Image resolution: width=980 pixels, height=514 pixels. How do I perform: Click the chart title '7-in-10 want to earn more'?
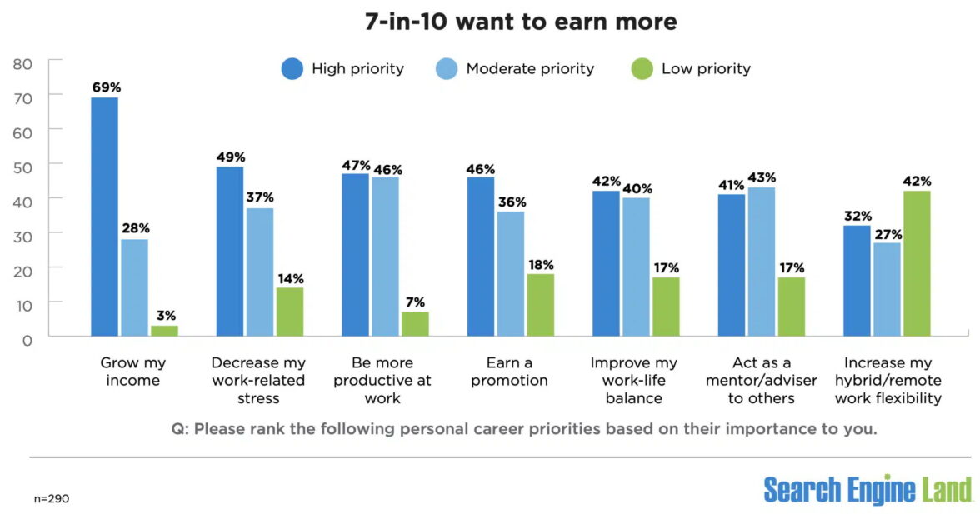pyautogui.click(x=521, y=22)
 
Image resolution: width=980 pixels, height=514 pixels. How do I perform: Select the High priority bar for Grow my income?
pyautogui.click(x=104, y=217)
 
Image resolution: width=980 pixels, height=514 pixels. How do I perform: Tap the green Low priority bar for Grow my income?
pyautogui.click(x=164, y=331)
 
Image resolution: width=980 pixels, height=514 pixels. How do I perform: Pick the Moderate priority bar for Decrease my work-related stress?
pyautogui.click(x=259, y=272)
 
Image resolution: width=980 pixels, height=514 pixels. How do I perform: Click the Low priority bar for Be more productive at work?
pyautogui.click(x=415, y=324)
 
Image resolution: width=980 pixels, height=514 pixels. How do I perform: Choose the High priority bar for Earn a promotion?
pyautogui.click(x=480, y=256)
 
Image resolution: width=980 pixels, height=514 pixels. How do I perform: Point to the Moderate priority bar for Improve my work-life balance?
pyautogui.click(x=636, y=267)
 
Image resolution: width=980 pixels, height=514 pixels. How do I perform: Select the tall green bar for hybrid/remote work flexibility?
pyautogui.click(x=917, y=263)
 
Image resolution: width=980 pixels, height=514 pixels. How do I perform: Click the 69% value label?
pyautogui.click(x=105, y=87)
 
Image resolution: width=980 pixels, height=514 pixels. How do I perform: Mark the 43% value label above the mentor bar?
pyautogui.click(x=762, y=177)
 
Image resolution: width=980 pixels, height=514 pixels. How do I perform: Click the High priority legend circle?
pyautogui.click(x=292, y=69)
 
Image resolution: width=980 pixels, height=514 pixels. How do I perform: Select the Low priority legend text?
pyautogui.click(x=706, y=69)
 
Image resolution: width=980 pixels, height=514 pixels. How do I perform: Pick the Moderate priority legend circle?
pyautogui.click(x=447, y=69)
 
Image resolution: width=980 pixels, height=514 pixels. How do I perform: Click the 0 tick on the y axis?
pyautogui.click(x=27, y=340)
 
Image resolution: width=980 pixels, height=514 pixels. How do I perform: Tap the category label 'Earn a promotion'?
pyautogui.click(x=504, y=372)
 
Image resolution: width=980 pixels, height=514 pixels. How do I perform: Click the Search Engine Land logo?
pyautogui.click(x=867, y=489)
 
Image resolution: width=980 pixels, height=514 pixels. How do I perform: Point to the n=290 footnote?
pyautogui.click(x=51, y=498)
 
